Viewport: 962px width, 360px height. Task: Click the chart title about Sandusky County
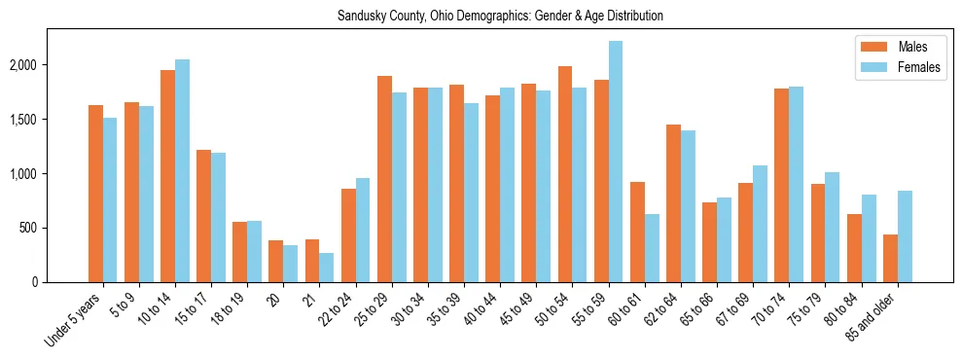point(500,17)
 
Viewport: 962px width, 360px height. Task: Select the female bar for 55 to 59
point(616,162)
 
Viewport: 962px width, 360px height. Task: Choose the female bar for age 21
point(327,268)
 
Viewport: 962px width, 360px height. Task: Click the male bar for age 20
point(276,261)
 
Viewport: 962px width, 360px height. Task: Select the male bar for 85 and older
point(890,258)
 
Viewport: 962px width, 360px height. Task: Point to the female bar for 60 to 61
point(652,248)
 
